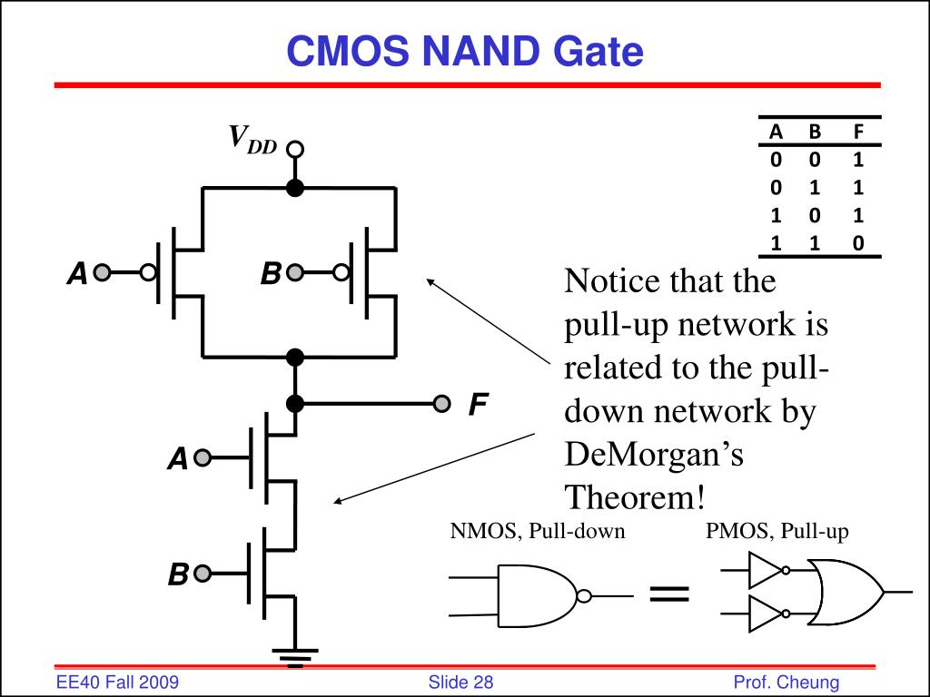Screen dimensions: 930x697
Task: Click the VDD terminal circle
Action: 295,149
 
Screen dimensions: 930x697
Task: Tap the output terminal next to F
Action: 441,404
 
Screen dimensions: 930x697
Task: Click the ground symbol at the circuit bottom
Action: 295,658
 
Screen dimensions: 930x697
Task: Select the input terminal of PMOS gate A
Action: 102,272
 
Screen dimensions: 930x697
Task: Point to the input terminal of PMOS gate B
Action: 295,272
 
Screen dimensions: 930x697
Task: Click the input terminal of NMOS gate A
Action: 203,457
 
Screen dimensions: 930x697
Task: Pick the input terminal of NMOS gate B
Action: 203,574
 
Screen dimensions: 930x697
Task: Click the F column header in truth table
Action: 857,131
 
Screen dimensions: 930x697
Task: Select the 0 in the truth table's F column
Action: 857,243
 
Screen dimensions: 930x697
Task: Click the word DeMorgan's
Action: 654,456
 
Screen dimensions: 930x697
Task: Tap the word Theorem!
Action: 635,496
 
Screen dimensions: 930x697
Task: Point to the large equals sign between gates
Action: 669,594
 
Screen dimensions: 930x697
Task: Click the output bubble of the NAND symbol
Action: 584,595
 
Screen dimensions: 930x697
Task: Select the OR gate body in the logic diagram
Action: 845,592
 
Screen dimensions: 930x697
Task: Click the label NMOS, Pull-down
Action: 538,531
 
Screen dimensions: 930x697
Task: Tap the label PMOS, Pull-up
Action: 777,531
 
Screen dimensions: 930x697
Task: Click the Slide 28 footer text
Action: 460,682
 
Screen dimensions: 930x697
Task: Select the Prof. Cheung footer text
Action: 787,682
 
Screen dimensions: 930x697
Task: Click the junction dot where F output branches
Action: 295,404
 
